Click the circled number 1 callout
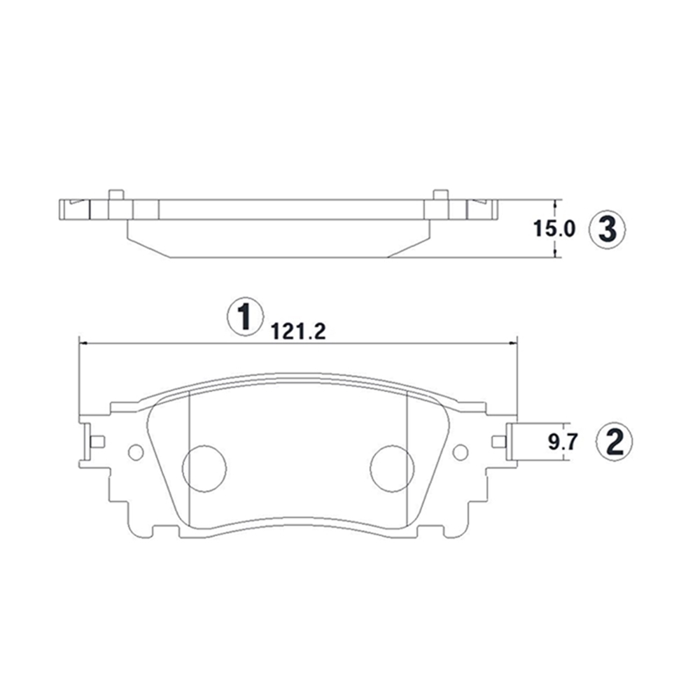[x=245, y=316]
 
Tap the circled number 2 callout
[x=615, y=442]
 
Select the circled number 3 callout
[x=607, y=230]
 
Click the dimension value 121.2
[x=298, y=331]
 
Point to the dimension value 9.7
[x=563, y=442]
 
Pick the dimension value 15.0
[x=554, y=229]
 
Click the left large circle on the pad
[x=204, y=469]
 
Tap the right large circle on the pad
[x=393, y=469]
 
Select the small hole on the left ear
[x=136, y=452]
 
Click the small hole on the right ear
[x=461, y=452]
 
